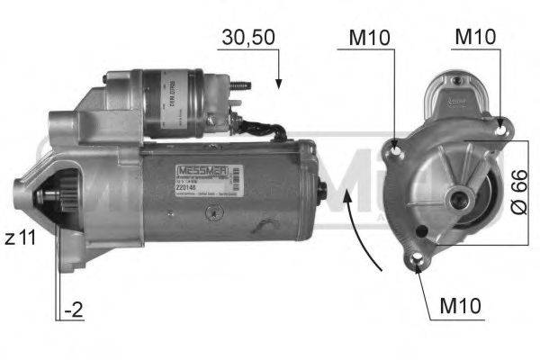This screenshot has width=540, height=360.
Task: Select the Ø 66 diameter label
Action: click(518, 191)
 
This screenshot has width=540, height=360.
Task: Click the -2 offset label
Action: click(74, 312)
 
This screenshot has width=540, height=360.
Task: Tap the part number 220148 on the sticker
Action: click(178, 190)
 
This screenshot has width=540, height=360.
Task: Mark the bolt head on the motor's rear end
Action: click(323, 190)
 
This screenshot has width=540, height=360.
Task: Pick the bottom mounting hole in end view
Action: click(419, 262)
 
